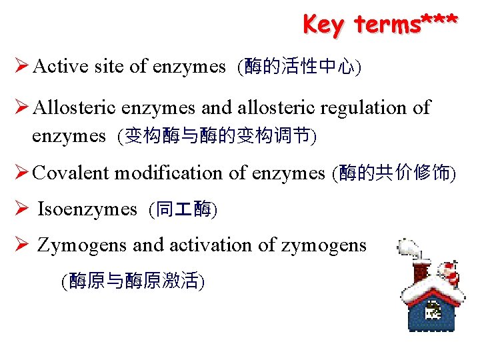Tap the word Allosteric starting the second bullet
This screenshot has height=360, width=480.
click(x=75, y=107)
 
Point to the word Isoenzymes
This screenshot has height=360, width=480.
click(x=87, y=209)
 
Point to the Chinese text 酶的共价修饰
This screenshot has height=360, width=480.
click(x=397, y=173)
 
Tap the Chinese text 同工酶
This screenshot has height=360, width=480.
click(x=183, y=210)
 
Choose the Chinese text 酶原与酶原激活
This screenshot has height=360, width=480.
click(x=133, y=282)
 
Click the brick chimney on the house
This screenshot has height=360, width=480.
click(x=421, y=271)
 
